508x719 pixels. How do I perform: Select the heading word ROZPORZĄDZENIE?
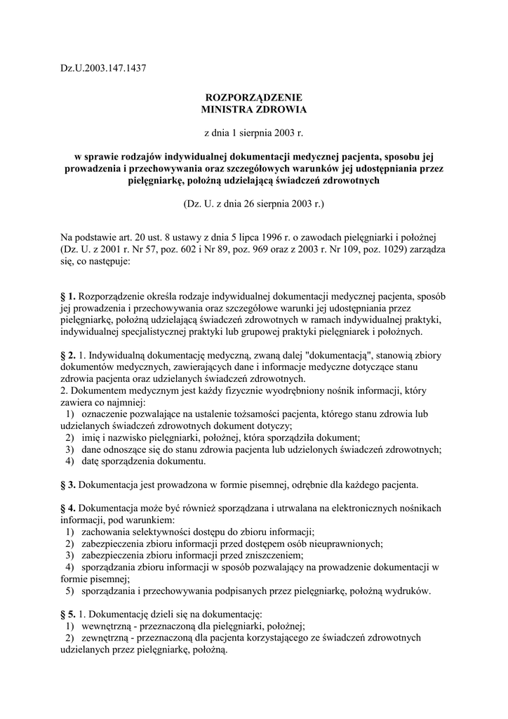point(254,98)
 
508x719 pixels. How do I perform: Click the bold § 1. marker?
point(68,296)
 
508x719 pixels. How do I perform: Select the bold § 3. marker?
point(68,484)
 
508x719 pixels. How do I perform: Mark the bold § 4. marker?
point(68,507)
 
